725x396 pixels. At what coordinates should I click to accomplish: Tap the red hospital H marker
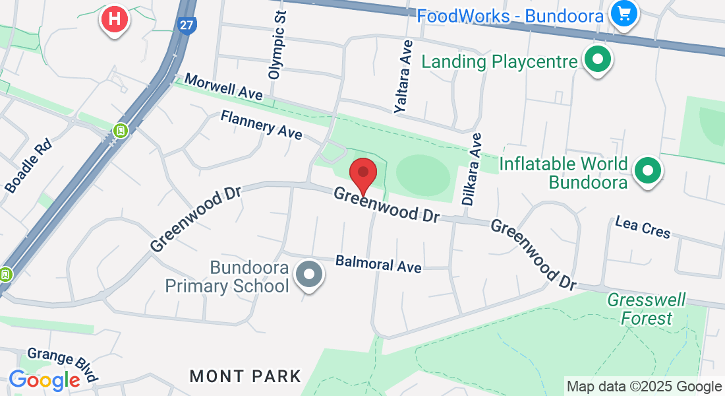[114, 18]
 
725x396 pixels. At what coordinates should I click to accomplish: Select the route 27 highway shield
[187, 25]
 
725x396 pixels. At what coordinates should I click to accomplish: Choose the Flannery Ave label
[261, 125]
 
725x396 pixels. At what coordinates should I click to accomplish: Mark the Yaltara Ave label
[403, 77]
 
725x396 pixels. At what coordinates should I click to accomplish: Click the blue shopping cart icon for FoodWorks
[623, 13]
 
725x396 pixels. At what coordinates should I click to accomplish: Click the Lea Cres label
[643, 227]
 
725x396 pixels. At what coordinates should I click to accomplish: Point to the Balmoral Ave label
[378, 264]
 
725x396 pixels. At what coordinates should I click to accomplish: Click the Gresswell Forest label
[647, 310]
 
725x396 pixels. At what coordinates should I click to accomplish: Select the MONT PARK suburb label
[245, 376]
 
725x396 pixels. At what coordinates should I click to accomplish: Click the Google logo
[44, 381]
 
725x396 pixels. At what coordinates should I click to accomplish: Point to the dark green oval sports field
[422, 175]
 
